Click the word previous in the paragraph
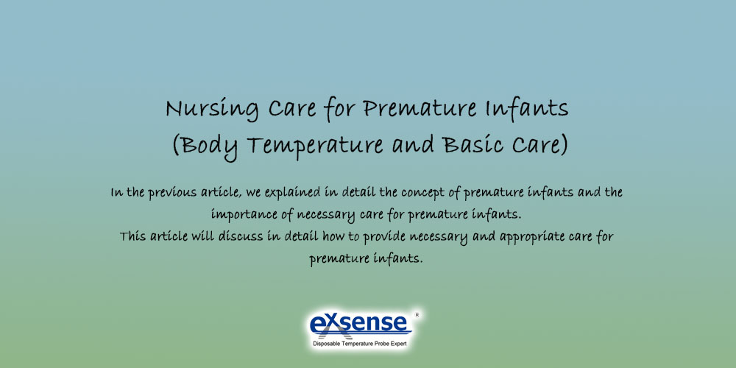click(x=172, y=193)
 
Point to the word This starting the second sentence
click(x=133, y=236)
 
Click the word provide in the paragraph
click(x=385, y=237)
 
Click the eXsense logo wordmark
click(x=358, y=323)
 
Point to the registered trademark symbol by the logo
click(x=417, y=314)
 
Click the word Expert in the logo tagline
click(x=397, y=344)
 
